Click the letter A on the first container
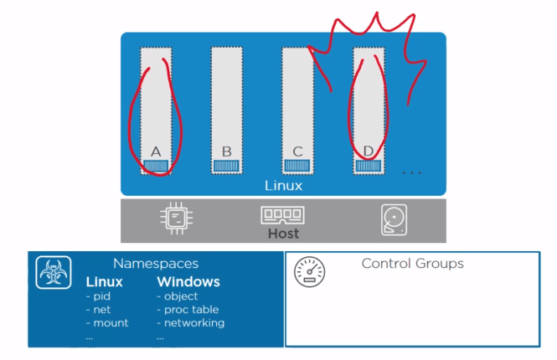[155, 152]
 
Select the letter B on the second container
[226, 152]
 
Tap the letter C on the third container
[297, 152]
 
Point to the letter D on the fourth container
[369, 152]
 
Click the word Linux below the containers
[283, 185]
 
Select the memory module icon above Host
[283, 214]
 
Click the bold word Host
[283, 234]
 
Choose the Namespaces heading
[155, 264]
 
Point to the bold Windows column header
[188, 282]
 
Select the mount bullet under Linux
[107, 323]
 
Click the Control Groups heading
[412, 264]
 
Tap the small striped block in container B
[226, 166]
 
